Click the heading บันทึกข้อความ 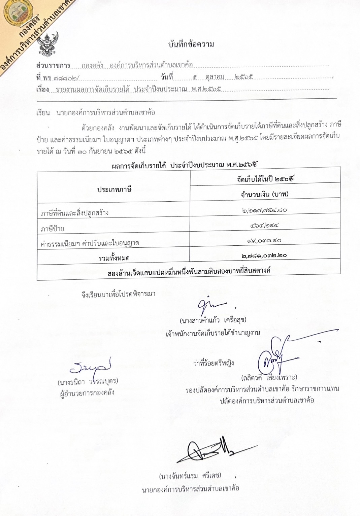click(191, 44)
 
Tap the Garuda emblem click(48, 43)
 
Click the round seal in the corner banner click(17, 12)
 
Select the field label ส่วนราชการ click(53, 65)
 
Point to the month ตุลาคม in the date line click(215, 77)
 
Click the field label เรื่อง click(42, 90)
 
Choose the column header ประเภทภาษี click(114, 189)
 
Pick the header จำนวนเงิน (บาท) click(265, 194)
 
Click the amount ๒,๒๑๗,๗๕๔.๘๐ click(265, 210)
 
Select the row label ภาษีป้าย click(52, 229)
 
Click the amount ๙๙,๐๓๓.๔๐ click(265, 241)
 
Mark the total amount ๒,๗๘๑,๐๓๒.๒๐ click(264, 256)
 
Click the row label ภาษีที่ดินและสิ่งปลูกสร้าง click(74, 213)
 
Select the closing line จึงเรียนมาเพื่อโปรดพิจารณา click(118, 294)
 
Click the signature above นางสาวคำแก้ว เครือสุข click(210, 305)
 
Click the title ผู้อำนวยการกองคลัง click(87, 392)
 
